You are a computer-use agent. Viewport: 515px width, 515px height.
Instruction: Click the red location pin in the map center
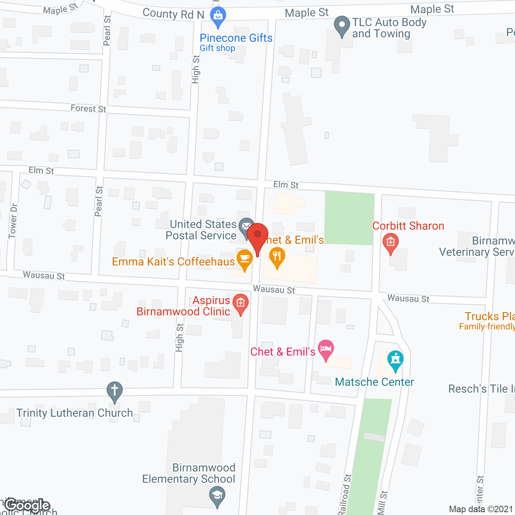point(257,235)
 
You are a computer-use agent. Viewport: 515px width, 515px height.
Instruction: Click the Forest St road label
point(88,108)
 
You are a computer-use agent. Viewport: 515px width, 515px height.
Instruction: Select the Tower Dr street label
point(13,221)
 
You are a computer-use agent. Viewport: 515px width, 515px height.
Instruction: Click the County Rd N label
point(173,14)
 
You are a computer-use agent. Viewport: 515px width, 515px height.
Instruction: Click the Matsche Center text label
point(374,382)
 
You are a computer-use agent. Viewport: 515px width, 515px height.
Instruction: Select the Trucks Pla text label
point(489,316)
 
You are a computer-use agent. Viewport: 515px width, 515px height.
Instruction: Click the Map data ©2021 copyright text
point(481,509)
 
